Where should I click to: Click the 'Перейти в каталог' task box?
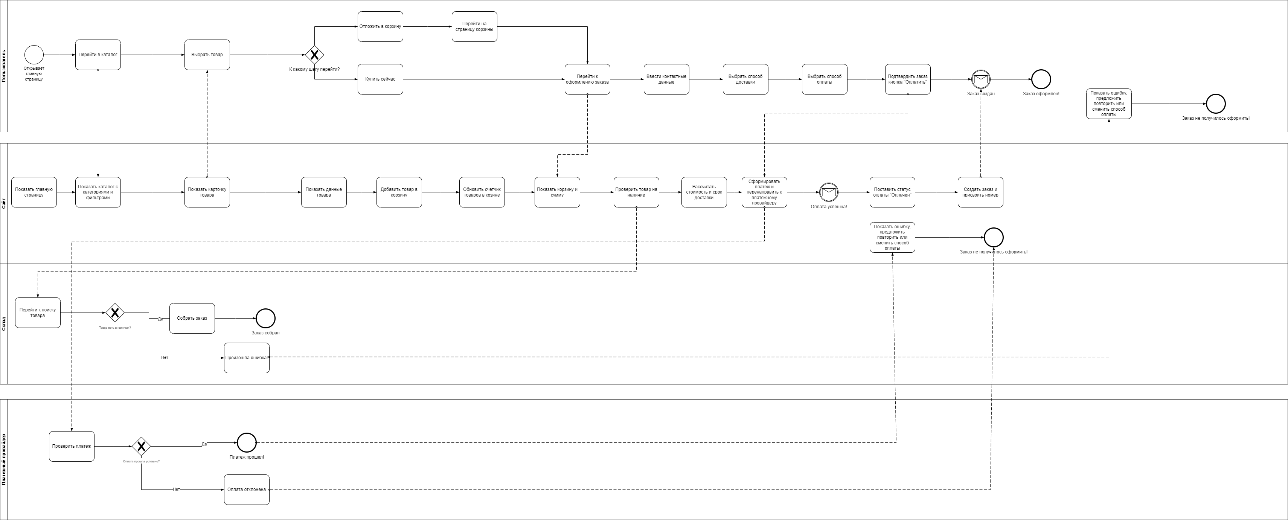[x=98, y=55]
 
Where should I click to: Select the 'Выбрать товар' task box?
[x=207, y=55]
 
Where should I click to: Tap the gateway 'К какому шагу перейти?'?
[x=314, y=55]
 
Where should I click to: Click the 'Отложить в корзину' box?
[x=380, y=26]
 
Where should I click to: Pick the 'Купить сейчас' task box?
[x=380, y=79]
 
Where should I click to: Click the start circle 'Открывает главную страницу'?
[x=34, y=55]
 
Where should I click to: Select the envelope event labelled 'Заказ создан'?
[x=980, y=79]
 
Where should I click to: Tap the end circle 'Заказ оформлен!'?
[x=1041, y=79]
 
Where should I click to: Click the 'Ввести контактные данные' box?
[x=666, y=79]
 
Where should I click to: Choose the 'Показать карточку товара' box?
[x=207, y=192]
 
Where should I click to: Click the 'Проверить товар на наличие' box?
[x=636, y=192]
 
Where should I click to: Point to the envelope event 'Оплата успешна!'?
[x=829, y=192]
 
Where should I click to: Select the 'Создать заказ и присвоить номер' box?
[x=980, y=192]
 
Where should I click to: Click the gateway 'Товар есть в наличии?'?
[x=115, y=313]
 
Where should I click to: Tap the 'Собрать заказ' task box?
[x=192, y=318]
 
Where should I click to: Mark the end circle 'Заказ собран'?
[x=265, y=318]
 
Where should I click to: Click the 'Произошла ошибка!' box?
[x=247, y=357]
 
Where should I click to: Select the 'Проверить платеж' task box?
[x=72, y=446]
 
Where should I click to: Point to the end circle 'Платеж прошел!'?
[x=247, y=442]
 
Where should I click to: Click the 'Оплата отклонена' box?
[x=247, y=490]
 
